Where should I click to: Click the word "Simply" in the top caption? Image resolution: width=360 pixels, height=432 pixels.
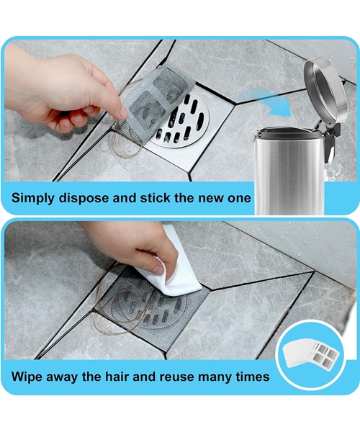[34, 198]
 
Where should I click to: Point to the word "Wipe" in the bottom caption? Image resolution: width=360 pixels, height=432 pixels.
[28, 376]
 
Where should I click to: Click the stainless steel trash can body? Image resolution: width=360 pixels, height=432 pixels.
[284, 173]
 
